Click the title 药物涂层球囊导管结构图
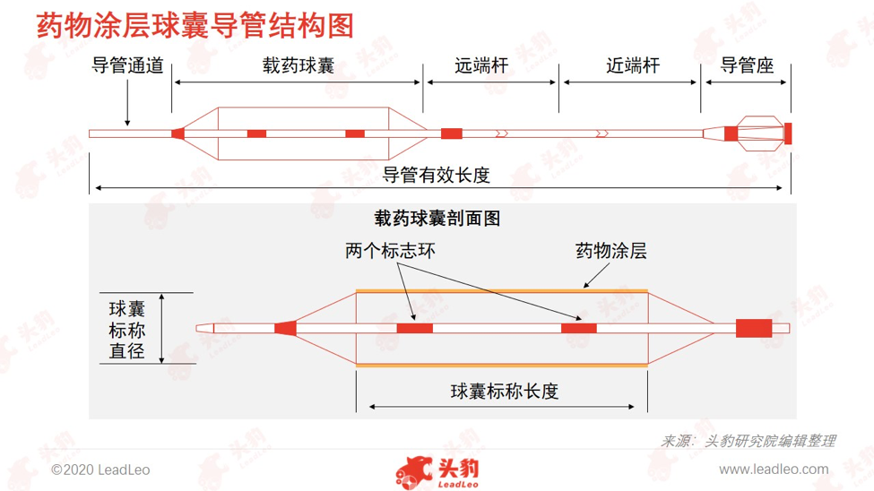tap(195, 26)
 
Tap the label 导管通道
tap(127, 65)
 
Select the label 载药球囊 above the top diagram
tap(299, 65)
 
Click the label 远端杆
tap(481, 65)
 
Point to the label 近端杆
tap(633, 65)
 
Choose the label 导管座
tap(747, 65)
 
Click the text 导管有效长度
tap(436, 175)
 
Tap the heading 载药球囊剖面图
tap(437, 218)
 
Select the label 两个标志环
tap(390, 251)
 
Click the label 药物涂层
tap(611, 251)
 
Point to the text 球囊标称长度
tap(505, 392)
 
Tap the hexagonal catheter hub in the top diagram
tap(760, 134)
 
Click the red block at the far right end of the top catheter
tap(788, 134)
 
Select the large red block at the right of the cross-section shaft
tap(754, 328)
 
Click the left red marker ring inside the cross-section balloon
tap(415, 328)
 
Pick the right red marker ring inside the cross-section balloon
tap(578, 328)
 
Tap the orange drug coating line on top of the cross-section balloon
tap(502, 291)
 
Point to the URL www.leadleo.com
tap(774, 469)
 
